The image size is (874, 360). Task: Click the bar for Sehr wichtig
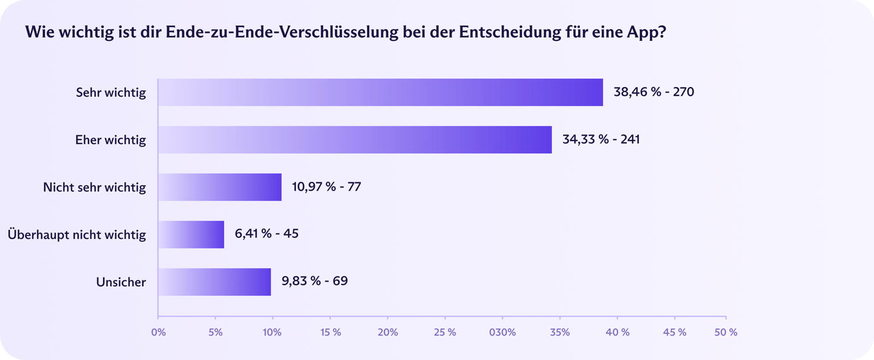point(380,92)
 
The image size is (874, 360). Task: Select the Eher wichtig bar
point(354,140)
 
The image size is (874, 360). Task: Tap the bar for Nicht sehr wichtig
point(220,187)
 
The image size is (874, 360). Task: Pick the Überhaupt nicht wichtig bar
point(191,234)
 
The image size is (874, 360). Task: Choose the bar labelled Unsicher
point(215,282)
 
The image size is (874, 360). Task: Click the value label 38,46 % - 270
point(654,92)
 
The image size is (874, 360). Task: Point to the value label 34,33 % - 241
point(601,139)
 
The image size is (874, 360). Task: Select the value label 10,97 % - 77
point(327,187)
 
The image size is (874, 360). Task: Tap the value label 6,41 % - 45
point(266,234)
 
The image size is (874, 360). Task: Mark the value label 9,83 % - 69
point(314,282)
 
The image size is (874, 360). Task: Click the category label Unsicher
point(121,282)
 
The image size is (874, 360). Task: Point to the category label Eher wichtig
point(110,140)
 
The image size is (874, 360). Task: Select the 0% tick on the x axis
point(158,332)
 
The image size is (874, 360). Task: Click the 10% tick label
point(272,332)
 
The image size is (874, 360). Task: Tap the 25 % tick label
point(444,332)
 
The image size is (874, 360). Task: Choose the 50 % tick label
point(725,332)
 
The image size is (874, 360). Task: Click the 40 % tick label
point(617,332)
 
